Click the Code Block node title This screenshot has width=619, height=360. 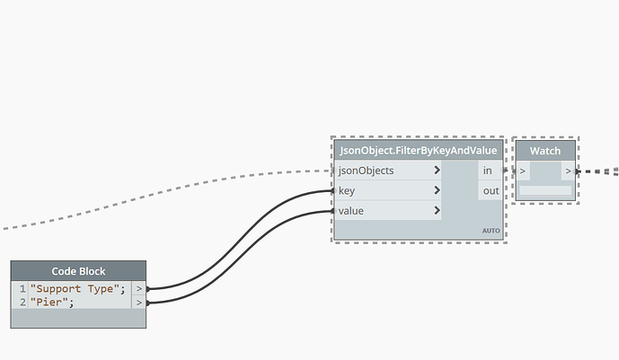(78, 271)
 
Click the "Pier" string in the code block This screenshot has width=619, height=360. (51, 303)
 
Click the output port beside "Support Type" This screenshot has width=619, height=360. (138, 288)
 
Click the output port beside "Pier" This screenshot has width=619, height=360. (138, 303)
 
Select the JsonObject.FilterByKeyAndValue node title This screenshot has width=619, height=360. (418, 151)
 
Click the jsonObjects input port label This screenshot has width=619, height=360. (366, 171)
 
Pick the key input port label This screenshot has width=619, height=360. (347, 190)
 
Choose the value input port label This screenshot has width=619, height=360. (351, 211)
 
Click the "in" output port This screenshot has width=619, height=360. (488, 171)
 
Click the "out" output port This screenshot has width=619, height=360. (490, 190)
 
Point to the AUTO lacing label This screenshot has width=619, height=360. (491, 231)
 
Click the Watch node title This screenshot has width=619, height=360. (545, 151)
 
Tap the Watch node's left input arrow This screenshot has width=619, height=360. (524, 171)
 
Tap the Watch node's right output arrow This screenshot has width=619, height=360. (568, 171)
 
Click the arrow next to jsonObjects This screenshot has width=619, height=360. (437, 171)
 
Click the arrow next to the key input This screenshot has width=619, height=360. (437, 190)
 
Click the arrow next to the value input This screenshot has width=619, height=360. (437, 211)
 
